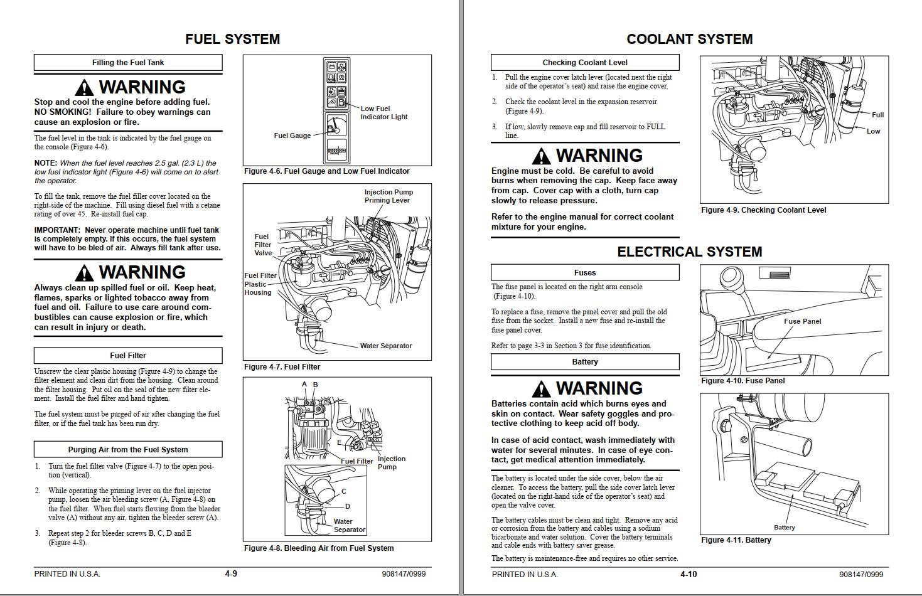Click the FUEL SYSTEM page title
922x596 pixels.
[232, 39]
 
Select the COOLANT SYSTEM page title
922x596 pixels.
[689, 39]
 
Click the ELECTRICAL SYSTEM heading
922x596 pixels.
[689, 252]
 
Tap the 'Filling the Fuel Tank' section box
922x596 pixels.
[128, 63]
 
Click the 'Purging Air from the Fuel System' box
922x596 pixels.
[128, 450]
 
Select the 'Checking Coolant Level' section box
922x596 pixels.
[584, 63]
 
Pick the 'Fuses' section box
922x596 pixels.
[584, 273]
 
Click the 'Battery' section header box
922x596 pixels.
[584, 362]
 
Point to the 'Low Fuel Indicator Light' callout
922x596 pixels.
[383, 113]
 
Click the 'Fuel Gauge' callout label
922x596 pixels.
[292, 136]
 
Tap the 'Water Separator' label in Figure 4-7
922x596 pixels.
[385, 346]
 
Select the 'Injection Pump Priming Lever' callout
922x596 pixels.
[389, 196]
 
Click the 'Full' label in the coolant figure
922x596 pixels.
[877, 115]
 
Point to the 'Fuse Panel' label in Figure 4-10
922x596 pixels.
[802, 321]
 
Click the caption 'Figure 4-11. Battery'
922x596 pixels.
[736, 540]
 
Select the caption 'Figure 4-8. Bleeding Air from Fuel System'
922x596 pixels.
[319, 548]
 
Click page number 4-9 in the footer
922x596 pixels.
[231, 574]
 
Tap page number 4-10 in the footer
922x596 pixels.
[689, 574]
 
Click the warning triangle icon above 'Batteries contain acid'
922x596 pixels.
[541, 389]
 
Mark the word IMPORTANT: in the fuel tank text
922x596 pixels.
[57, 230]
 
